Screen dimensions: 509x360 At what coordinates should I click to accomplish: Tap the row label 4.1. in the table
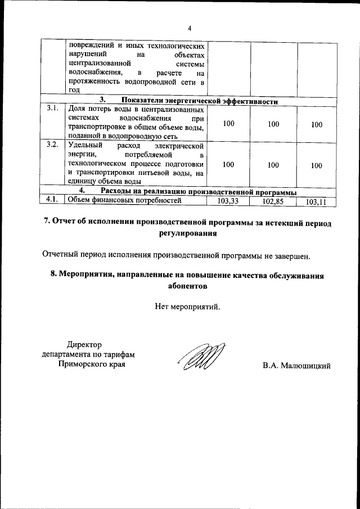tap(53, 199)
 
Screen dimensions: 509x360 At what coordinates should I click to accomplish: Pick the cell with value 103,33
tap(228, 200)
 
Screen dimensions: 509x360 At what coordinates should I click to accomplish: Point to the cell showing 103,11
tap(316, 201)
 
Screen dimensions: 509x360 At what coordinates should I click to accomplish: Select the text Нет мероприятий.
tap(188, 307)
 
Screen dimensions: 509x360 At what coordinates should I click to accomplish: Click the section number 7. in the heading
tap(48, 222)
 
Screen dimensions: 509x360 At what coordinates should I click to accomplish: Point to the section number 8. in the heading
tap(53, 275)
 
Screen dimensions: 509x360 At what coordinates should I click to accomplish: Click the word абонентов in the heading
tap(188, 286)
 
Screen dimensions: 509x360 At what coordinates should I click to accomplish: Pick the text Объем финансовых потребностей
tap(125, 200)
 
